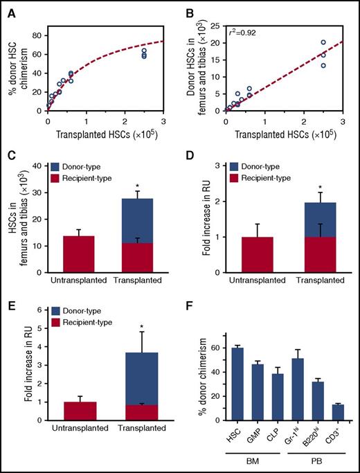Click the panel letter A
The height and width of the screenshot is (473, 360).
10,8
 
